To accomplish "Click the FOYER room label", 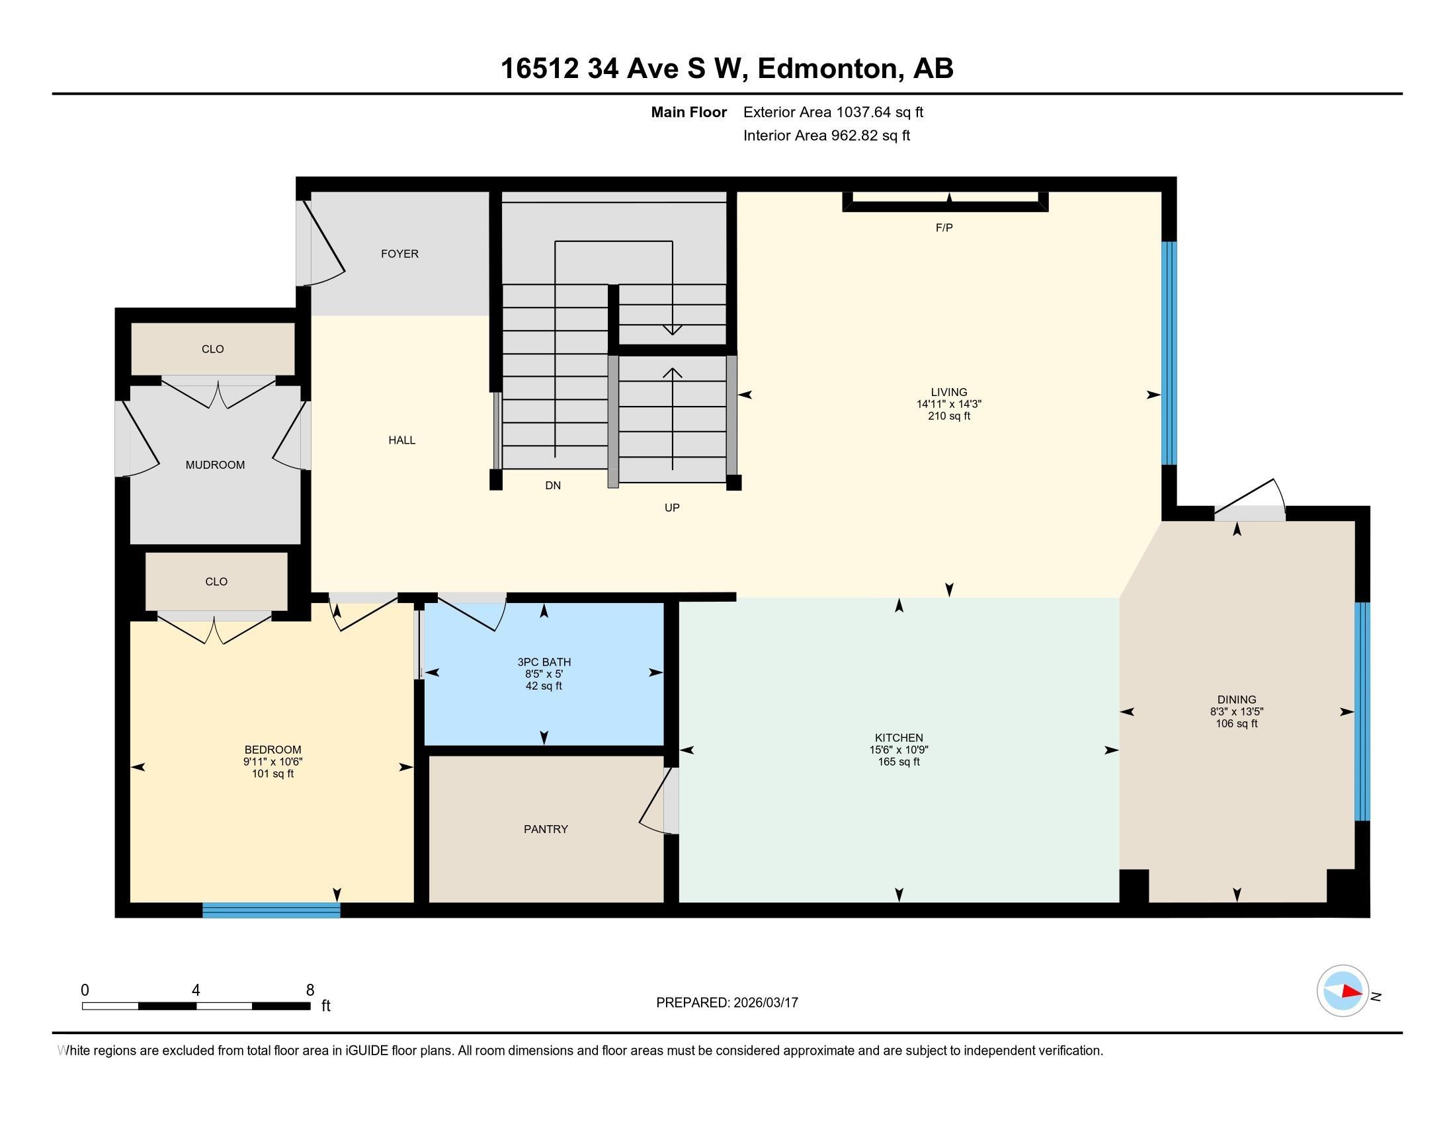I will pyautogui.click(x=399, y=254).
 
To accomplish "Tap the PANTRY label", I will pyautogui.click(x=546, y=829).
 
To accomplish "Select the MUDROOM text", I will pyautogui.click(x=215, y=465).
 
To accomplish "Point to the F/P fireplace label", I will pyautogui.click(x=944, y=227).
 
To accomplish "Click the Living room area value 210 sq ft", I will pyautogui.click(x=948, y=416).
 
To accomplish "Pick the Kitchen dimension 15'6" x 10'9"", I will pyautogui.click(x=899, y=750).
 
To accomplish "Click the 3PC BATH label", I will pyautogui.click(x=544, y=662).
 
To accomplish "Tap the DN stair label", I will pyautogui.click(x=553, y=485).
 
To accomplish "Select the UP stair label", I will pyautogui.click(x=671, y=507).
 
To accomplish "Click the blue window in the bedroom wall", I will pyautogui.click(x=271, y=910).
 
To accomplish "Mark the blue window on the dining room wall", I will pyautogui.click(x=1362, y=711).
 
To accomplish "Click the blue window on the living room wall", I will pyautogui.click(x=1169, y=353).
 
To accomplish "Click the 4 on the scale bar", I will pyautogui.click(x=195, y=990).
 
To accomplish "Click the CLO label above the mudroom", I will pyautogui.click(x=212, y=349).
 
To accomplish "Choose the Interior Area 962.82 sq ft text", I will pyautogui.click(x=826, y=136).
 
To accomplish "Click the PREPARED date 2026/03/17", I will pyautogui.click(x=765, y=1003).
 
